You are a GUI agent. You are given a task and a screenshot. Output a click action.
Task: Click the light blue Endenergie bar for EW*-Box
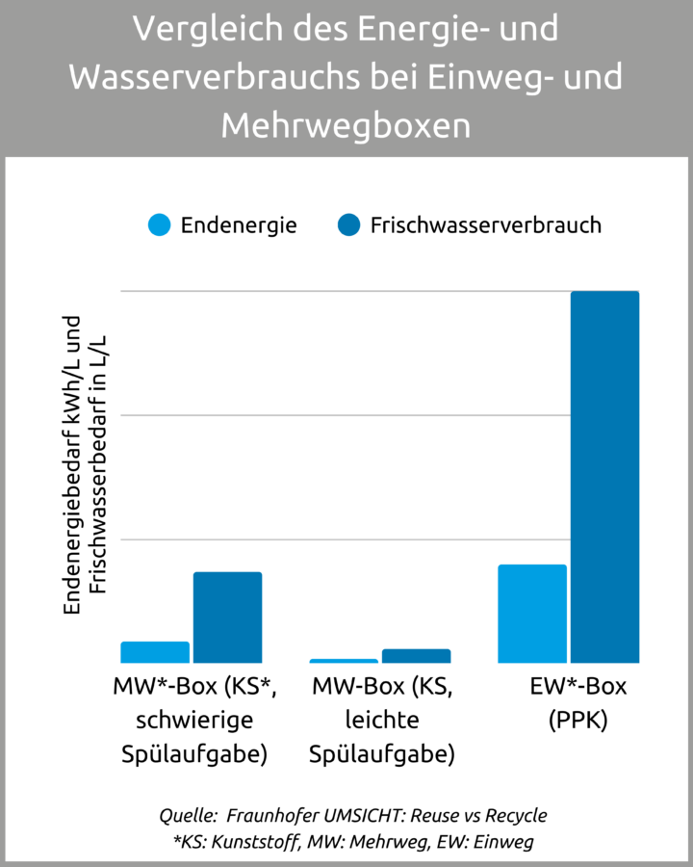click(x=531, y=614)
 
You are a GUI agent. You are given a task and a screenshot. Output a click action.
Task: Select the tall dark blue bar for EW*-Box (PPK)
click(x=604, y=477)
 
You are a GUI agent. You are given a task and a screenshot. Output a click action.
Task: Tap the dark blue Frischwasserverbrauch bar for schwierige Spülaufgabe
click(x=227, y=617)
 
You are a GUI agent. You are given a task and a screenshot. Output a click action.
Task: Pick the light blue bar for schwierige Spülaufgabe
click(x=154, y=652)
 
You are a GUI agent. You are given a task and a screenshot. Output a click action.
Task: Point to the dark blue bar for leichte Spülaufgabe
click(x=416, y=656)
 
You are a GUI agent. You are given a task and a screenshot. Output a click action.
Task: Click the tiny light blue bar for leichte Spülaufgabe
click(x=344, y=661)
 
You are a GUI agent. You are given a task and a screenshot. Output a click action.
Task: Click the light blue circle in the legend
click(x=160, y=225)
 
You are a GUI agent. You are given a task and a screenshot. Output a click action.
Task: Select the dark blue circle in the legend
click(x=348, y=225)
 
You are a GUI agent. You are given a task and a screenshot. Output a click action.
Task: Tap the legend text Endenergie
click(x=239, y=225)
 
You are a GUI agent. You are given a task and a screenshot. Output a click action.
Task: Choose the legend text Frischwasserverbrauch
click(x=485, y=225)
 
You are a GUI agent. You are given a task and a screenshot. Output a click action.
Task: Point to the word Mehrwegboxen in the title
click(x=346, y=125)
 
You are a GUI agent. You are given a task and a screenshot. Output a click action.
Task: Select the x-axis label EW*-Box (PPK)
click(x=577, y=703)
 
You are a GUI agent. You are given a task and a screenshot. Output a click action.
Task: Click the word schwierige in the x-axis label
click(x=194, y=721)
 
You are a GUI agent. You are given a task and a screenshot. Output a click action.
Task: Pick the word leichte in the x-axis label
click(x=381, y=721)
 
